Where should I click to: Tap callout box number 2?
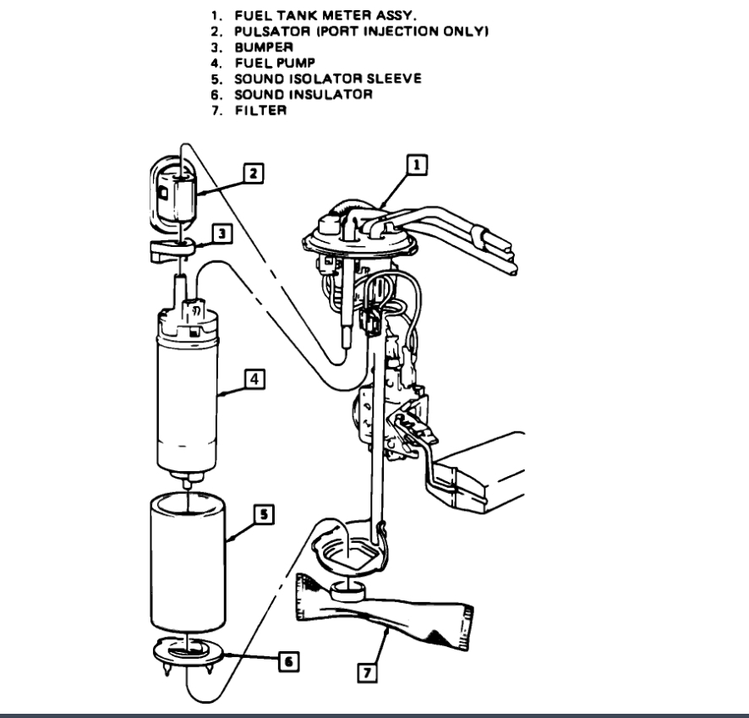pos(251,173)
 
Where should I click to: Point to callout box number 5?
pos(264,512)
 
